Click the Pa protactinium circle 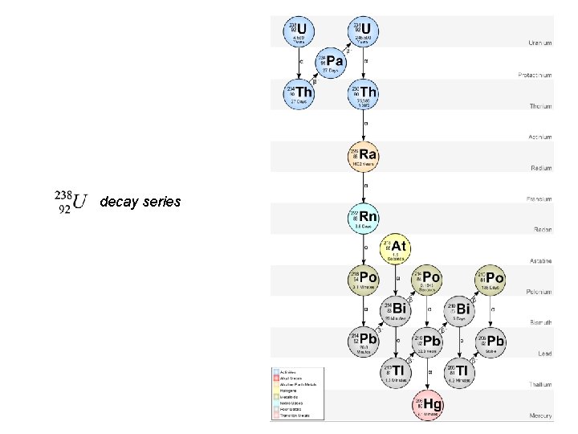[x=332, y=63]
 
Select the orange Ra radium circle [x=364, y=156]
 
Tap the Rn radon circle [x=364, y=218]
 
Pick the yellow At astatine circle [x=395, y=248]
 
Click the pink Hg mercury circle [x=427, y=403]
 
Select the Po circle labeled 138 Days [x=491, y=279]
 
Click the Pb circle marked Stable [x=491, y=341]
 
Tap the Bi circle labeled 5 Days [x=459, y=310]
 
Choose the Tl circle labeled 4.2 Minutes [x=459, y=371]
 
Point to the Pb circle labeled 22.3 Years [x=427, y=341]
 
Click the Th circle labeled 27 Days [x=299, y=95]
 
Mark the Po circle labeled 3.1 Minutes [x=364, y=279]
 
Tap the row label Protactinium [x=535, y=75]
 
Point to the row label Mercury [x=540, y=416]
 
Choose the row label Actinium [x=540, y=137]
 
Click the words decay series [x=140, y=202]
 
